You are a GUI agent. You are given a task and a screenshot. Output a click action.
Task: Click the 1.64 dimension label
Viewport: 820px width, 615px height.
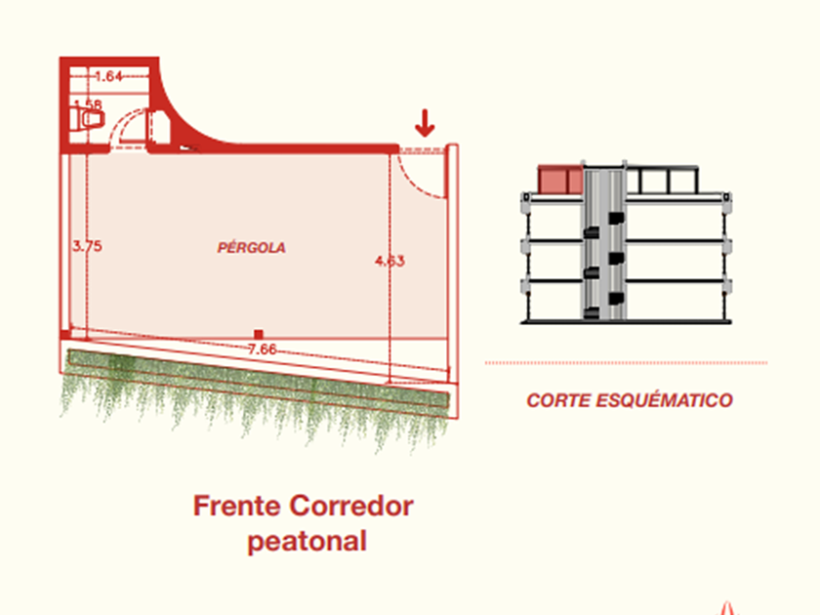pyautogui.click(x=108, y=76)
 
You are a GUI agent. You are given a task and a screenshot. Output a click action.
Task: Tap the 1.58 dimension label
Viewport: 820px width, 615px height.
pyautogui.click(x=89, y=103)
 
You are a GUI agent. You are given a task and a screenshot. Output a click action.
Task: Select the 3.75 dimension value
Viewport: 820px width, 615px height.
pyautogui.click(x=87, y=246)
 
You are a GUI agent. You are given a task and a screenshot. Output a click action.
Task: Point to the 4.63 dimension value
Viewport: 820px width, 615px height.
pyautogui.click(x=389, y=261)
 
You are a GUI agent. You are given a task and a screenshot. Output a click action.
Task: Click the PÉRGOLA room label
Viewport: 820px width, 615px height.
pyautogui.click(x=252, y=248)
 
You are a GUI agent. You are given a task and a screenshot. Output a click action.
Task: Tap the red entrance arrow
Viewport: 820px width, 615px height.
pyautogui.click(x=424, y=124)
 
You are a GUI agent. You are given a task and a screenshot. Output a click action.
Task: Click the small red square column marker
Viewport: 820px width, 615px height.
pyautogui.click(x=258, y=334)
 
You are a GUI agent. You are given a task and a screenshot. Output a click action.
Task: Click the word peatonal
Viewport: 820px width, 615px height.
pyautogui.click(x=307, y=541)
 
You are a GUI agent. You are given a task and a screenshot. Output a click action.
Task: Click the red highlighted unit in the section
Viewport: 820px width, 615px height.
pyautogui.click(x=560, y=180)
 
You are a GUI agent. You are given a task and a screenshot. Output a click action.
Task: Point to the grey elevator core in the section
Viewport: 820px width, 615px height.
pyautogui.click(x=604, y=244)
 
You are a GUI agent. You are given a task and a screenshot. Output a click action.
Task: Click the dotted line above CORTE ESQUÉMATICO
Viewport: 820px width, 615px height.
pyautogui.click(x=626, y=363)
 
